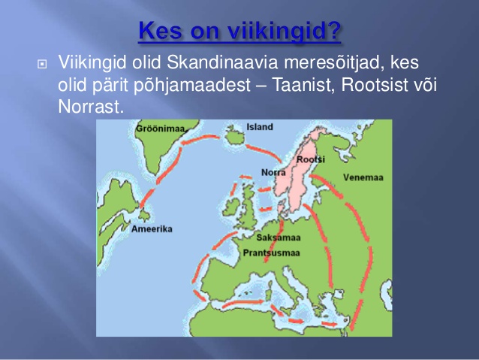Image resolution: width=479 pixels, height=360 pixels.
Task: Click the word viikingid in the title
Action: point(284,31)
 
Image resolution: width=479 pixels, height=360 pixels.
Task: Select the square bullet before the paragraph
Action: point(42,64)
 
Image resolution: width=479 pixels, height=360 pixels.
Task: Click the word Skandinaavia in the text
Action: point(222,62)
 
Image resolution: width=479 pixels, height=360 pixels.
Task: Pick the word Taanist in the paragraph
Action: point(303,85)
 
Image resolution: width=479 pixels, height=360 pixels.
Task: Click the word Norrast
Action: point(91,107)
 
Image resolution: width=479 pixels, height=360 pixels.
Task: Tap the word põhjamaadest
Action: point(192,86)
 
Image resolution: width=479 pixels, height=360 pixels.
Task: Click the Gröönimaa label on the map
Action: point(161,129)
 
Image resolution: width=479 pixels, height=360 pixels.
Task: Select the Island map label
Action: point(260,127)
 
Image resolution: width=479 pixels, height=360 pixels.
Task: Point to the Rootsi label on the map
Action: point(311,159)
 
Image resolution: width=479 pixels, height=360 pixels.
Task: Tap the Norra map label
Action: point(273,173)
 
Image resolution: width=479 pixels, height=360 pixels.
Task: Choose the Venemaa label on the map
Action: point(363,177)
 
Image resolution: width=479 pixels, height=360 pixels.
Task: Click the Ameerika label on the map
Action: point(152,228)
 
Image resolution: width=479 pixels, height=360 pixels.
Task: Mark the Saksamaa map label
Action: point(279,237)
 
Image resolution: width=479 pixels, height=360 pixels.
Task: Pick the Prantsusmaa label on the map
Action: point(272,253)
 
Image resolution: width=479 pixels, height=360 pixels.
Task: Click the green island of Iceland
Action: point(235,136)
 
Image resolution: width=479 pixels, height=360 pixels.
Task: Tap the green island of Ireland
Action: point(231,207)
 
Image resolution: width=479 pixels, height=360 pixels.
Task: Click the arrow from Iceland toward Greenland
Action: point(200,140)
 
